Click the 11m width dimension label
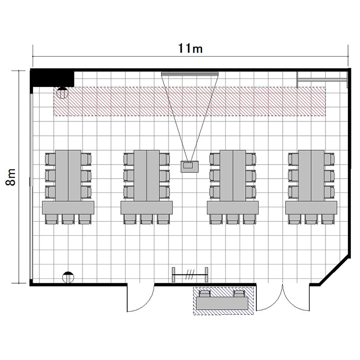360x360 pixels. (x=191, y=48)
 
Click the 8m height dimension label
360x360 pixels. (x=11, y=177)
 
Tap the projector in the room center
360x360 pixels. (x=190, y=167)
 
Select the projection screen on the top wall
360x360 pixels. (x=190, y=74)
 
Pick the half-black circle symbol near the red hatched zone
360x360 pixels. (x=62, y=93)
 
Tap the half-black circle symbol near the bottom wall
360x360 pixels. (x=68, y=277)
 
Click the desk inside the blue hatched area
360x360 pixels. (x=223, y=303)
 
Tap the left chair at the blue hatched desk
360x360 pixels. (x=204, y=294)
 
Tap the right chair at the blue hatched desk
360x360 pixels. (x=239, y=294)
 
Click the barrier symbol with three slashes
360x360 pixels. (x=190, y=275)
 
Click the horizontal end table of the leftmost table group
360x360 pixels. (x=69, y=208)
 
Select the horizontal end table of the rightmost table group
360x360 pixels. (x=312, y=208)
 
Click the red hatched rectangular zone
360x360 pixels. (x=190, y=101)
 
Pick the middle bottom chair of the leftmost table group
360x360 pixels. (x=68, y=219)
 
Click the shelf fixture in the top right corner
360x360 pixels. (x=323, y=80)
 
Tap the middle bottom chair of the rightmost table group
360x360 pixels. (x=312, y=219)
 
